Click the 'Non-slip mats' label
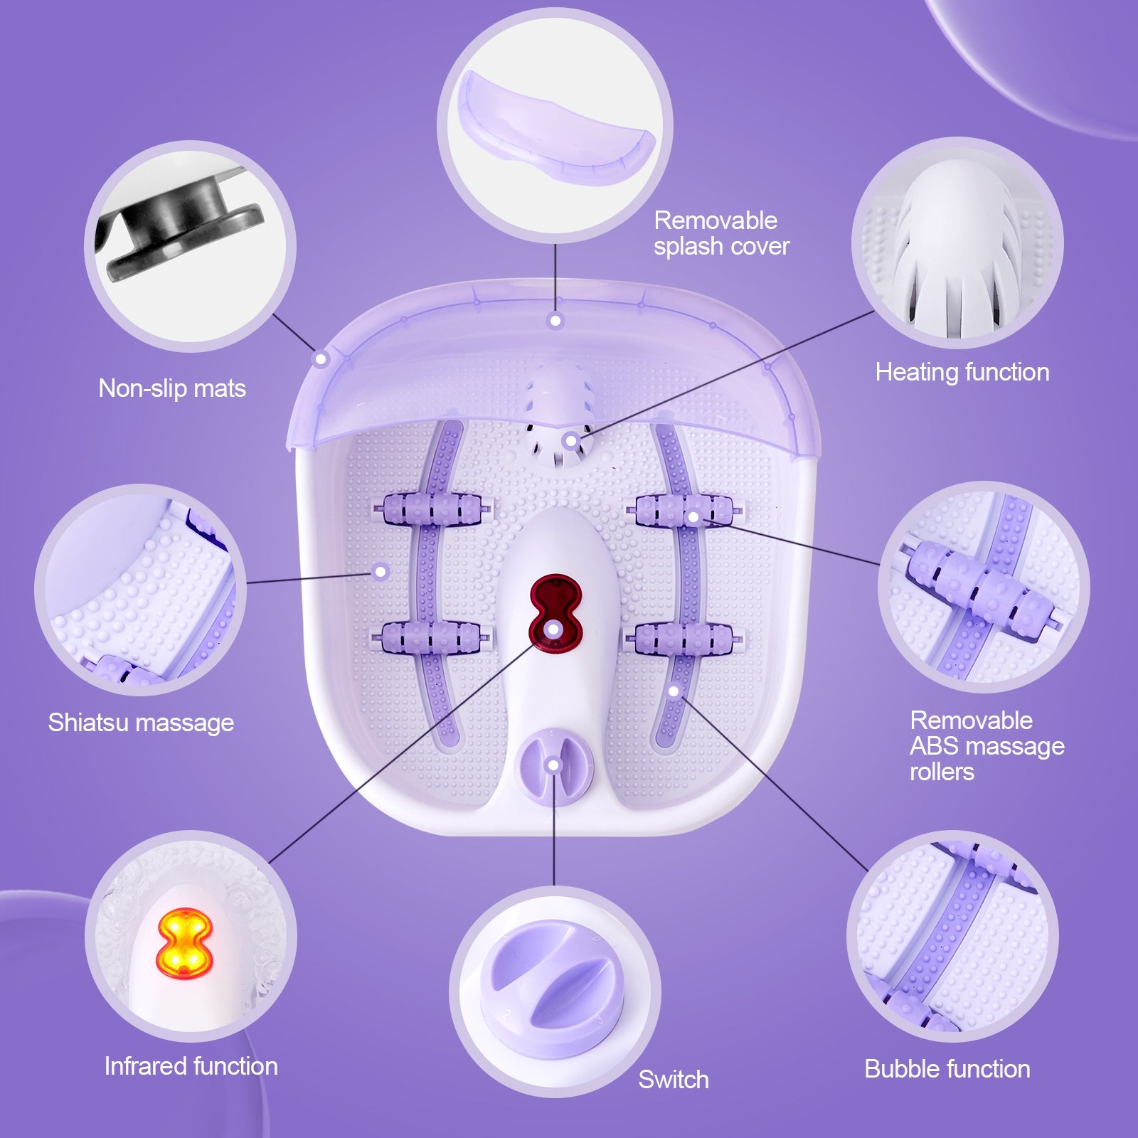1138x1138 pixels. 172,388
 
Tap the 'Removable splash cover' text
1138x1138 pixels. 721,233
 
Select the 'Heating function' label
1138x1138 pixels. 962,372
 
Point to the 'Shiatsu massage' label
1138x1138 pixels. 141,723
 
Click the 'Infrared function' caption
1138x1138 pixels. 191,1066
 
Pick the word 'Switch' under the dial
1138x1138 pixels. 673,1080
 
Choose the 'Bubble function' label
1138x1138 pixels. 947,1069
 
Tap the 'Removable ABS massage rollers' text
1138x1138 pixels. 987,745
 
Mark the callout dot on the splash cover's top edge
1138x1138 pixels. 555,321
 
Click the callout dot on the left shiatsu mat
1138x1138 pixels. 381,571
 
